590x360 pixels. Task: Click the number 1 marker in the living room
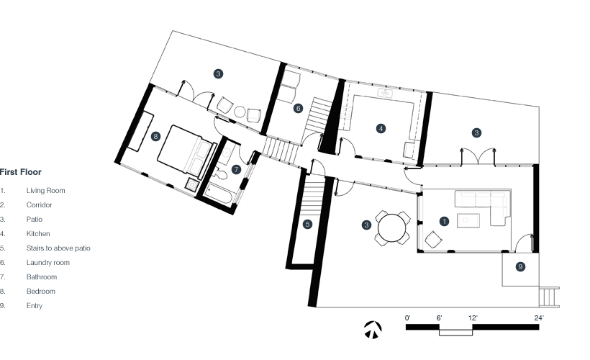445,222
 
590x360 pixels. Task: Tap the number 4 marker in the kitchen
381,129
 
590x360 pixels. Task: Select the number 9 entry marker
520,267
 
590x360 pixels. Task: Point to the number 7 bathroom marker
236,169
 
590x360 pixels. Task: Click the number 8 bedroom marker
155,136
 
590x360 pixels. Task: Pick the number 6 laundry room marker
298,109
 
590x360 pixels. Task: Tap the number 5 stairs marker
307,225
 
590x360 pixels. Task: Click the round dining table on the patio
391,228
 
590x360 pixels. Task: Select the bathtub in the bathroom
219,193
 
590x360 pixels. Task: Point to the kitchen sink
385,93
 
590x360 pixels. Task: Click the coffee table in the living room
468,220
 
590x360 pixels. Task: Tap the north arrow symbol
373,330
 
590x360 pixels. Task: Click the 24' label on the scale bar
539,318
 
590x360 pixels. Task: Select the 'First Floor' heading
21,172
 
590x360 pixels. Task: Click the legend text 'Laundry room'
47,263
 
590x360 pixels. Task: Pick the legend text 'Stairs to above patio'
58,248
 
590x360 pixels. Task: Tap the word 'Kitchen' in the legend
38,234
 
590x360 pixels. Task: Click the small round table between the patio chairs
240,112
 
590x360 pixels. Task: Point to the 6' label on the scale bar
439,318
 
